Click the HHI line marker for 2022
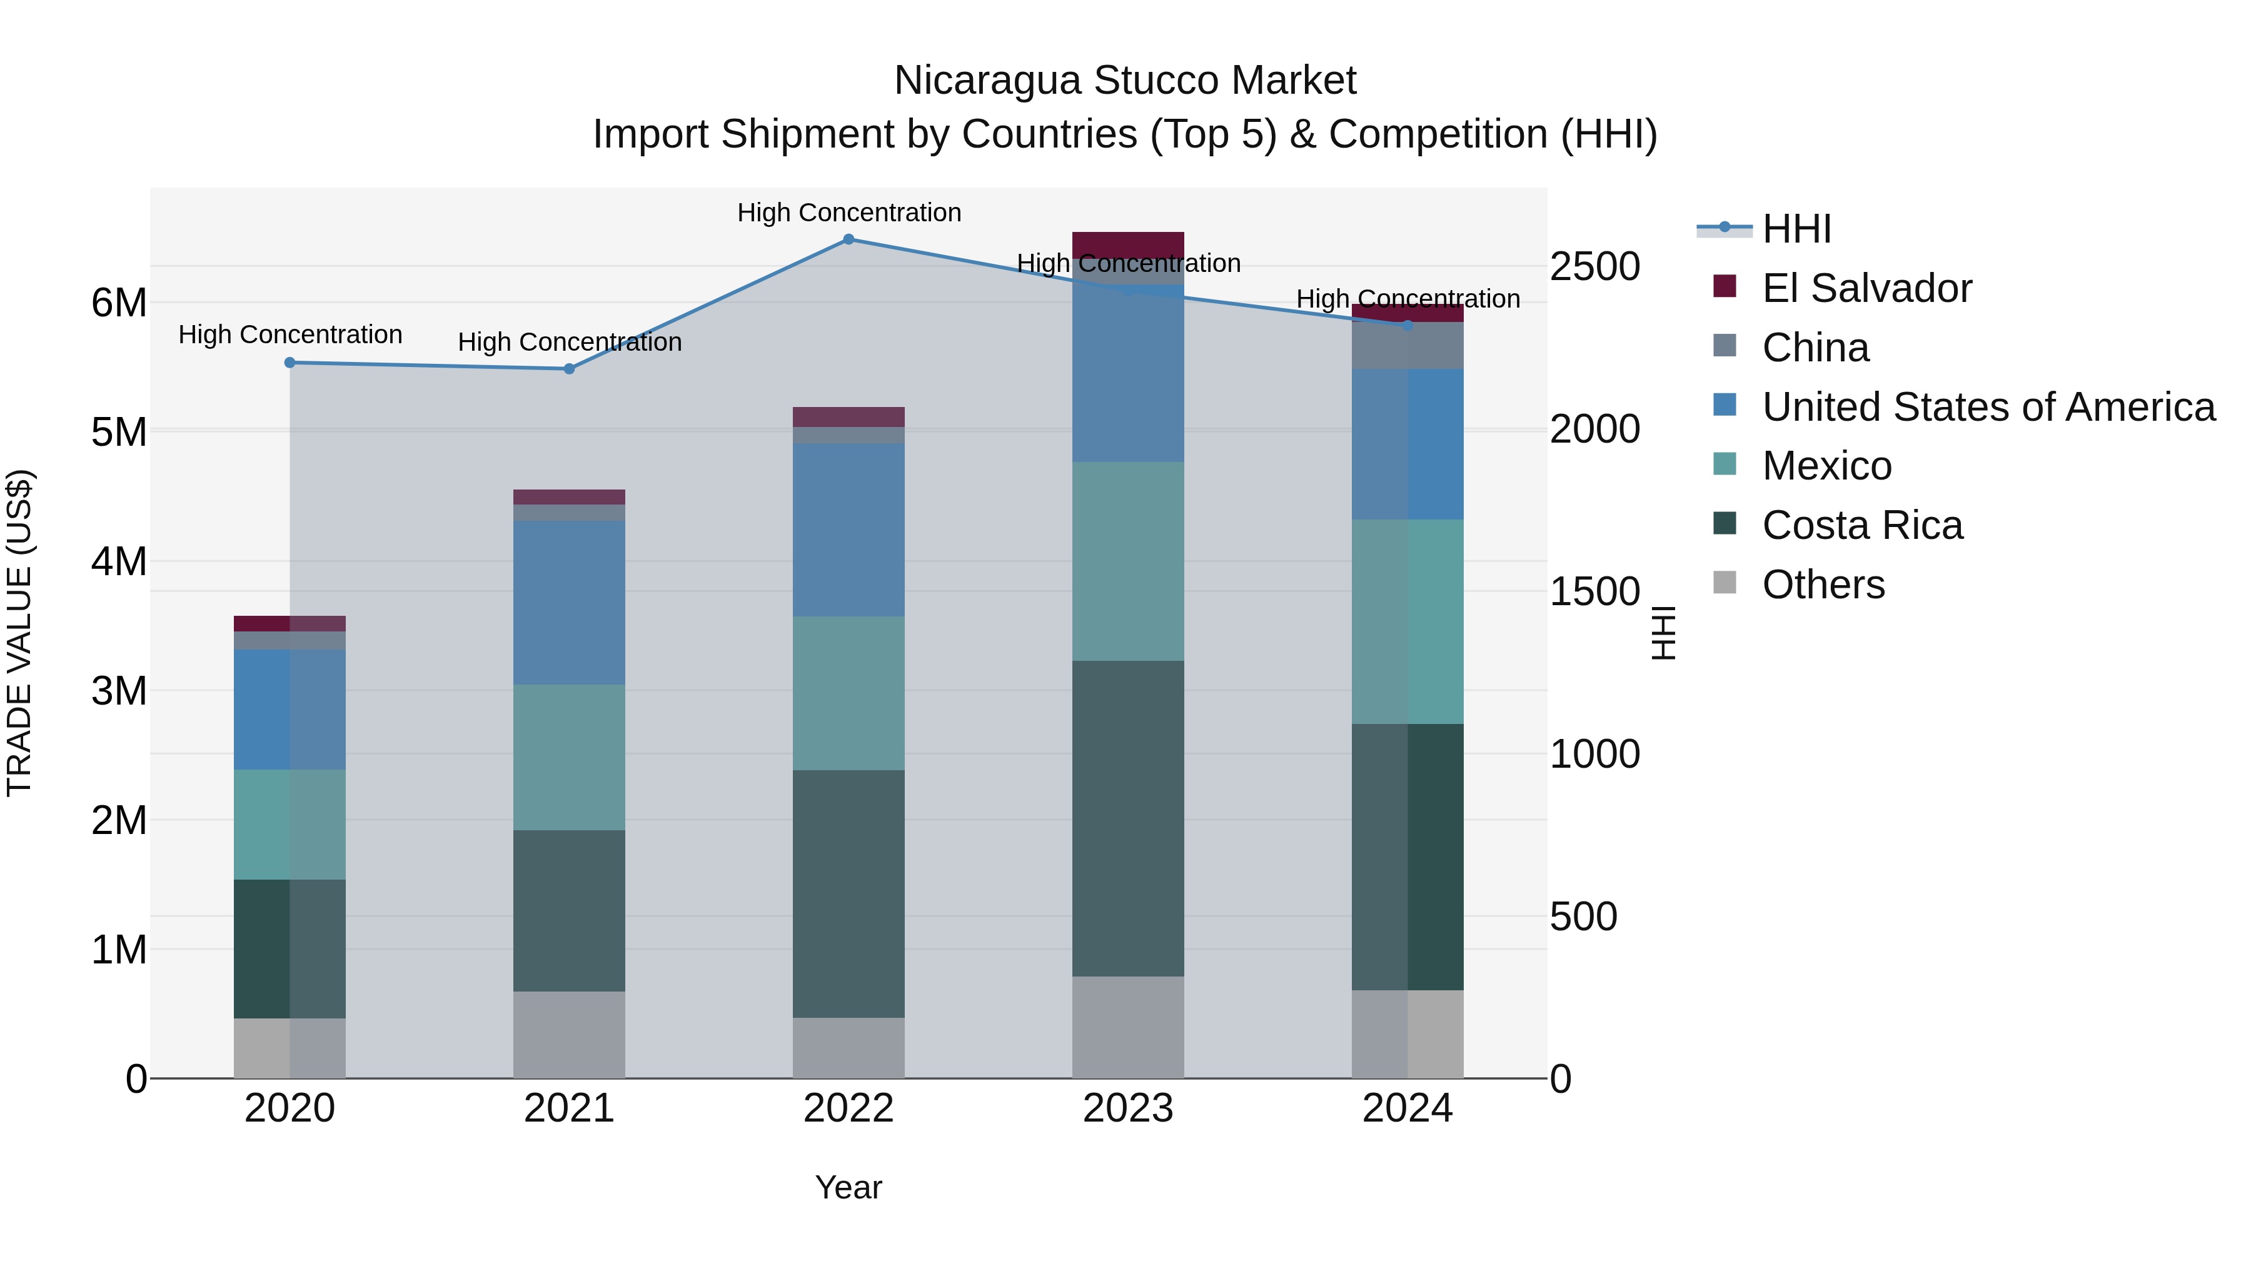pos(849,239)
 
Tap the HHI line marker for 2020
pos(290,363)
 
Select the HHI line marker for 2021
pos(569,369)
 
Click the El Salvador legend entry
pos(1866,288)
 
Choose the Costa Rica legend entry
pos(1861,525)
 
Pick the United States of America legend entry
pos(1988,407)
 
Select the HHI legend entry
pos(1796,229)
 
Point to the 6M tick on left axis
pos(119,303)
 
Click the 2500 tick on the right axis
pos(1594,266)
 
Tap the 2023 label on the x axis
pos(1128,1108)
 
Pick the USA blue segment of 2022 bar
pos(849,530)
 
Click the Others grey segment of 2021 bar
pos(569,1035)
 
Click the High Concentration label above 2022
pos(849,213)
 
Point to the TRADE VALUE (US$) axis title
pos(19,633)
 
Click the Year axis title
pos(849,1187)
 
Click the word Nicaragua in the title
pos(987,81)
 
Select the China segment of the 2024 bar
pos(1408,345)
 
